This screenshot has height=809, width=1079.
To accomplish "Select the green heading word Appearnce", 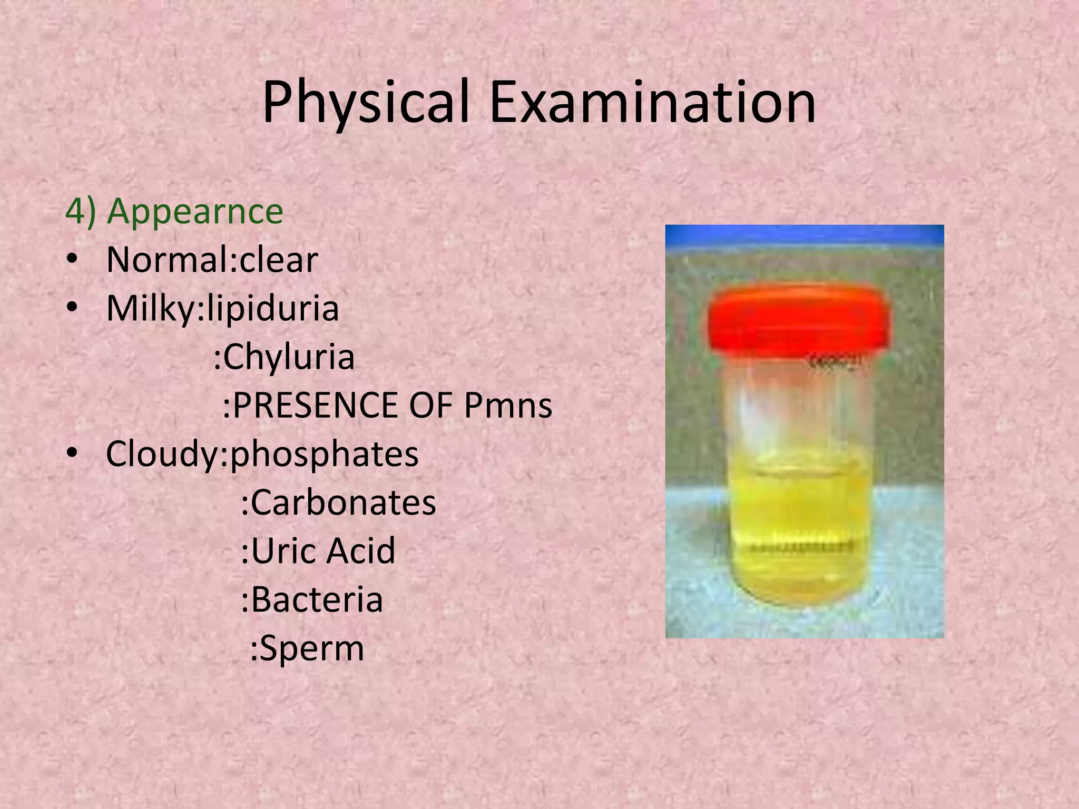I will pos(195,211).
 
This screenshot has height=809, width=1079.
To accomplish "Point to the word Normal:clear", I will pos(212,260).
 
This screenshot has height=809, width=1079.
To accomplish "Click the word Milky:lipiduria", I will pos(222,309).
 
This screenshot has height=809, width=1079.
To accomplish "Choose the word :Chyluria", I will pos(284,358).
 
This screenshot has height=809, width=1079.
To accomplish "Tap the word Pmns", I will pos(508,406).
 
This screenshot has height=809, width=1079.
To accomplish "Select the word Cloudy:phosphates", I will pos(262,454).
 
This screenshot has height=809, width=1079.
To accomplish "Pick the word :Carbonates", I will pos(338,502).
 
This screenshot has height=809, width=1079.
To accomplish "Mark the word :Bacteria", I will pos(311,599).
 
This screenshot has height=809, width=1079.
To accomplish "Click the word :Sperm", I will pos(307,648).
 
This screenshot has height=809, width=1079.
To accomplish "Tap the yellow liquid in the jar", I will pos(798,527).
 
